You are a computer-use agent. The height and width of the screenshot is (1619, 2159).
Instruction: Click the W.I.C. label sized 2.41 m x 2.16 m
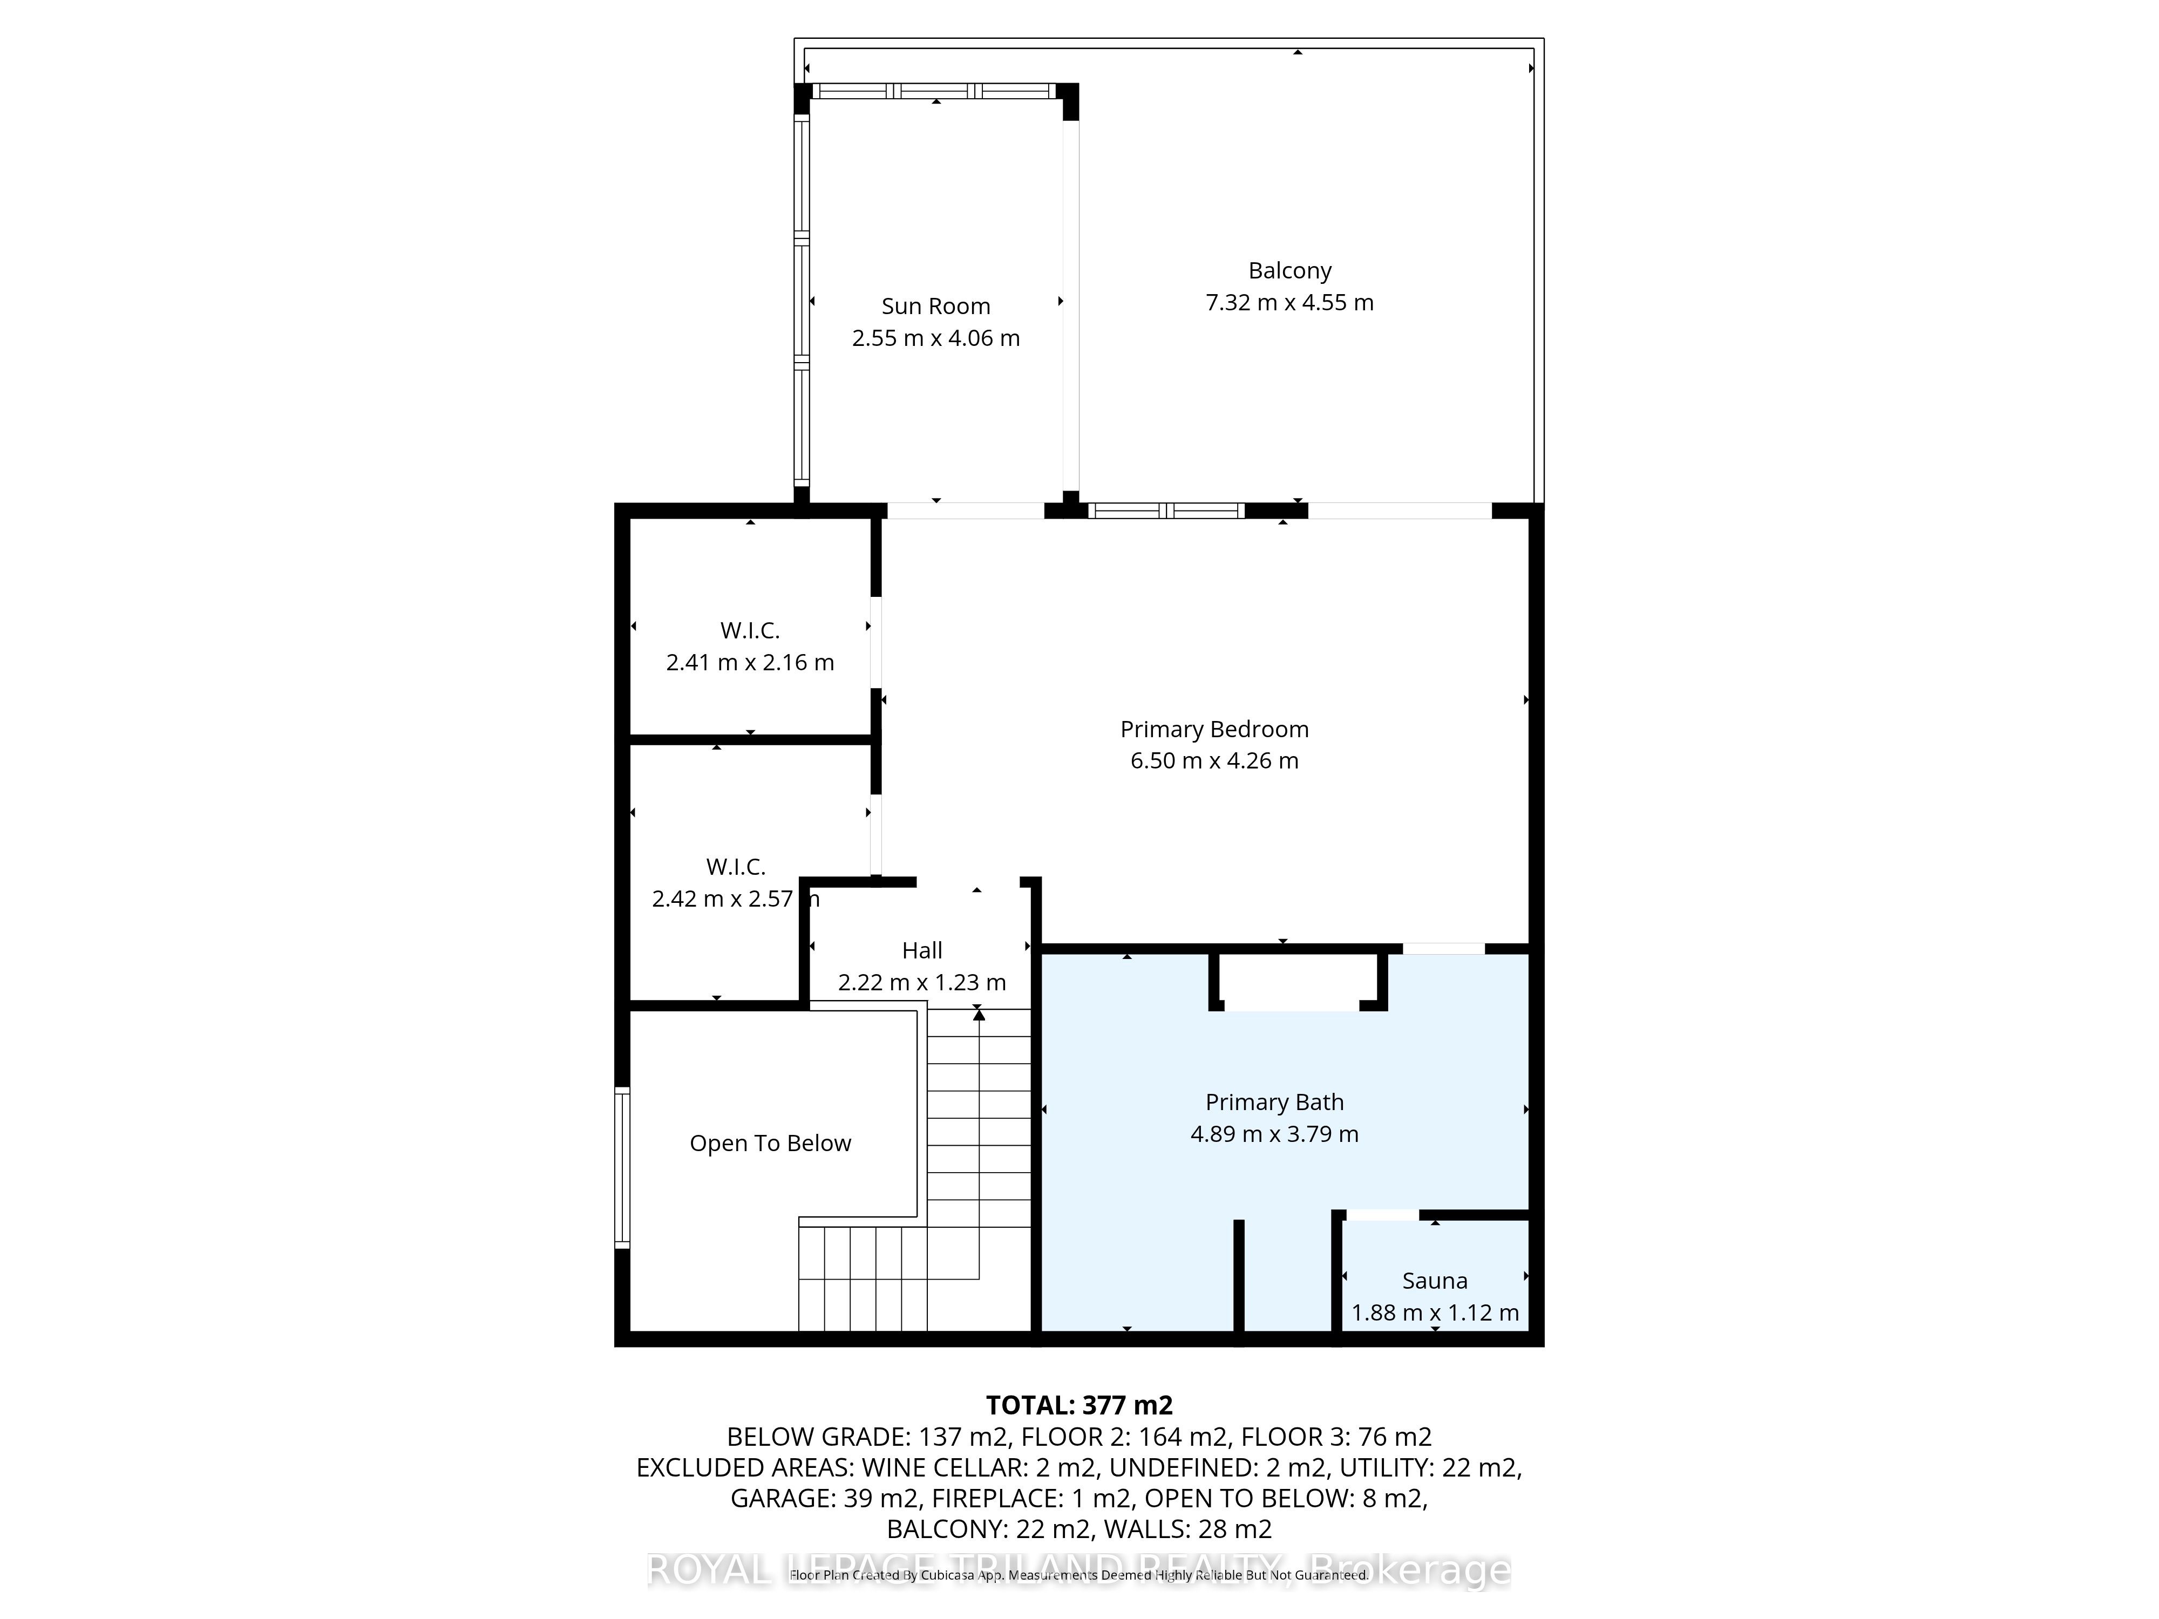(750, 630)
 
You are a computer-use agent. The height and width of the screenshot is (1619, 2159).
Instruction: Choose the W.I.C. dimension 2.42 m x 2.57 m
(734, 899)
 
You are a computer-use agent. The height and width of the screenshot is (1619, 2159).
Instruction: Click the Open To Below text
(770, 1143)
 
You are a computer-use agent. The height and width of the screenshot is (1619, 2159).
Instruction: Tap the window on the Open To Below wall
(622, 1167)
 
